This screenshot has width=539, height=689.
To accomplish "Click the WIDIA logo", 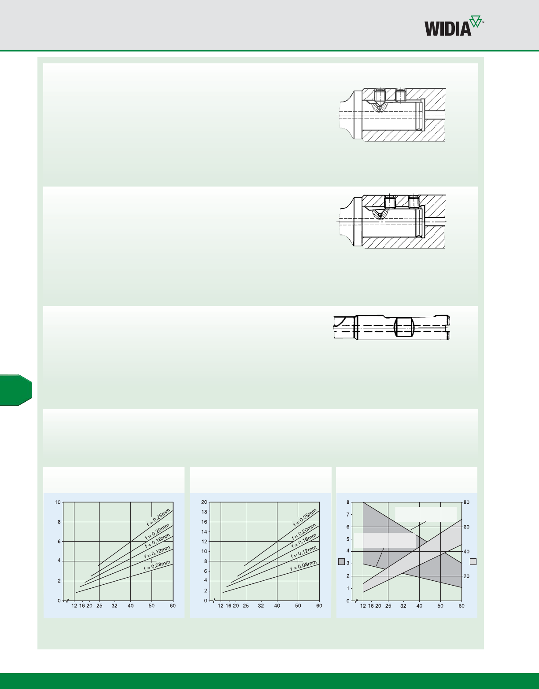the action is (454, 26).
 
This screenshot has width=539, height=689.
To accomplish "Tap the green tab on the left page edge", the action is (16, 390).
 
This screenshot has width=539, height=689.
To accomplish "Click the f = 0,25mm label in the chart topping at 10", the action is (159, 517).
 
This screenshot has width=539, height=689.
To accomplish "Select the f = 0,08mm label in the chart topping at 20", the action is (303, 566).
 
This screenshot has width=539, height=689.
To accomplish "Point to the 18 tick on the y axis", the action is (204, 512).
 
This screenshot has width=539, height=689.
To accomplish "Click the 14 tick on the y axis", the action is (204, 531).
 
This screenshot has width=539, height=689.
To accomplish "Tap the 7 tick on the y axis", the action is (348, 514).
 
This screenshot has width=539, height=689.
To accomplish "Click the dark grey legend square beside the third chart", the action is (341, 561).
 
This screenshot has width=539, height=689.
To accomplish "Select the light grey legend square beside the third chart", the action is (473, 561).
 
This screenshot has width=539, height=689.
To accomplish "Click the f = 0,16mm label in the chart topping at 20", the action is (304, 541).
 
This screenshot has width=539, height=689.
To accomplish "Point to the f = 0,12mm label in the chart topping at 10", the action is (157, 552).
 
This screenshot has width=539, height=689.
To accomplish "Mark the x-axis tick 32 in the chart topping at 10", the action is (114, 605).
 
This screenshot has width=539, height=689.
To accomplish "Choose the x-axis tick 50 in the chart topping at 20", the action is (298, 605).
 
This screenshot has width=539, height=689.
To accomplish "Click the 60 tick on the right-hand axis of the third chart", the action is (466, 527).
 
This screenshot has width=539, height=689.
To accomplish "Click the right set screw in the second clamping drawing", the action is (413, 202).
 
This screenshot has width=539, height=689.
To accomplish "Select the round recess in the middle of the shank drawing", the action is (403, 327).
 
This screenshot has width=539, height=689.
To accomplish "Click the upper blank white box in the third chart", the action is (426, 514).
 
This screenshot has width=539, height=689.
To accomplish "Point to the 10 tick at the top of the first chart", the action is (58, 502).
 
